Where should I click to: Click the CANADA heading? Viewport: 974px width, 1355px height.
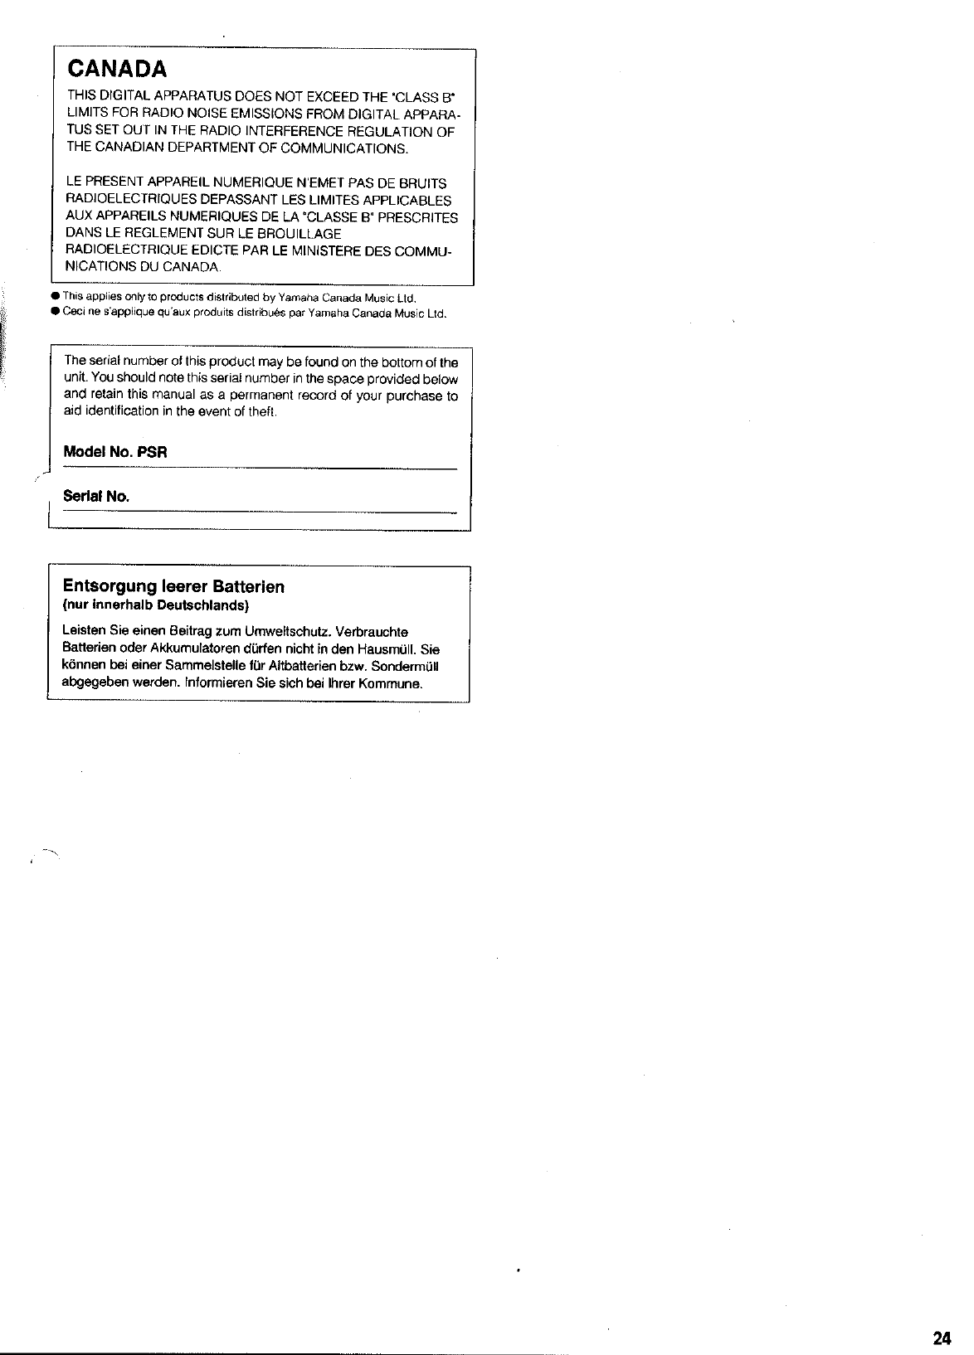pyautogui.click(x=118, y=67)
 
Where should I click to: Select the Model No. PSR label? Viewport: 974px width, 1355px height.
pyautogui.click(x=115, y=453)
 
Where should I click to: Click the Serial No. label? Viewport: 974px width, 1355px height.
pyautogui.click(x=96, y=497)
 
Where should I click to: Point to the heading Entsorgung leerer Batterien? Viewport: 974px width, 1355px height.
pyautogui.click(x=173, y=587)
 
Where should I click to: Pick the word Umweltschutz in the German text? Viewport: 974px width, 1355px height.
pyautogui.click(x=280, y=632)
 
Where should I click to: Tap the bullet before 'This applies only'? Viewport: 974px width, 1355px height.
pyautogui.click(x=54, y=297)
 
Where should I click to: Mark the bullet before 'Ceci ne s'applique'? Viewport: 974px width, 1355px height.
pyautogui.click(x=54, y=313)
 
